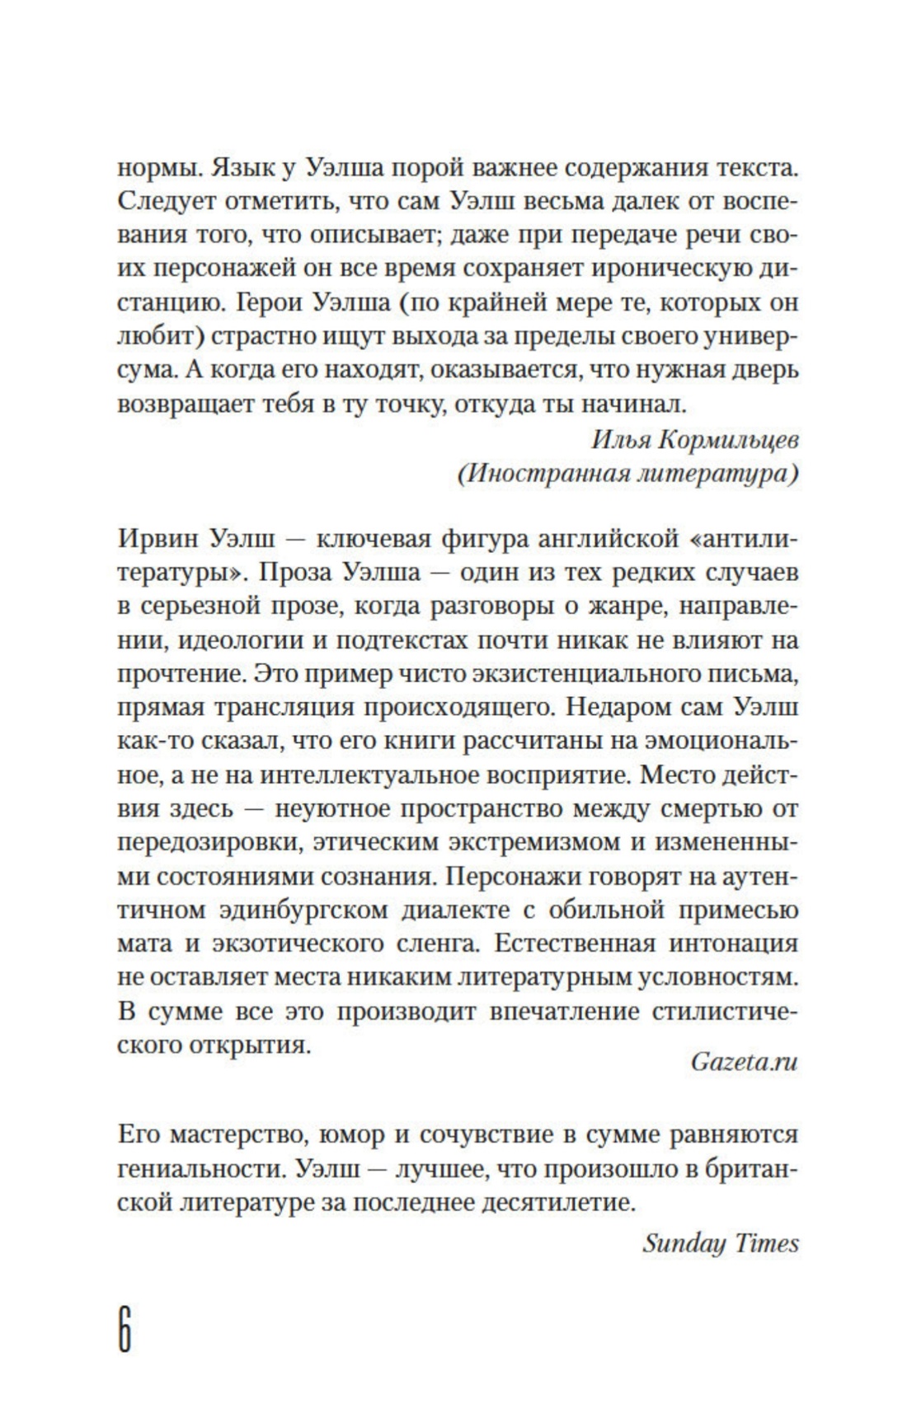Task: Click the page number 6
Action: tap(125, 1328)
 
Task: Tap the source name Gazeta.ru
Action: tap(744, 1062)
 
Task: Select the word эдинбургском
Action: tap(296, 910)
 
